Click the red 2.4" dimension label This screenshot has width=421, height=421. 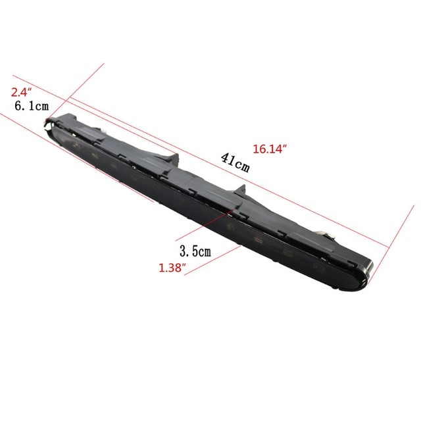click(21, 92)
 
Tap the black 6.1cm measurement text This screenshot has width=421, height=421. click(32, 106)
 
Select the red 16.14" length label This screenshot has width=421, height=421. click(270, 149)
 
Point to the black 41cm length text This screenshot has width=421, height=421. click(235, 162)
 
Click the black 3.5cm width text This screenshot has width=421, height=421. click(195, 251)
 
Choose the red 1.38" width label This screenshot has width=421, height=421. click(172, 268)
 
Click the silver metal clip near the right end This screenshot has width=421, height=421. click(326, 234)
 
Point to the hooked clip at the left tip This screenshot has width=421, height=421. click(50, 124)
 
